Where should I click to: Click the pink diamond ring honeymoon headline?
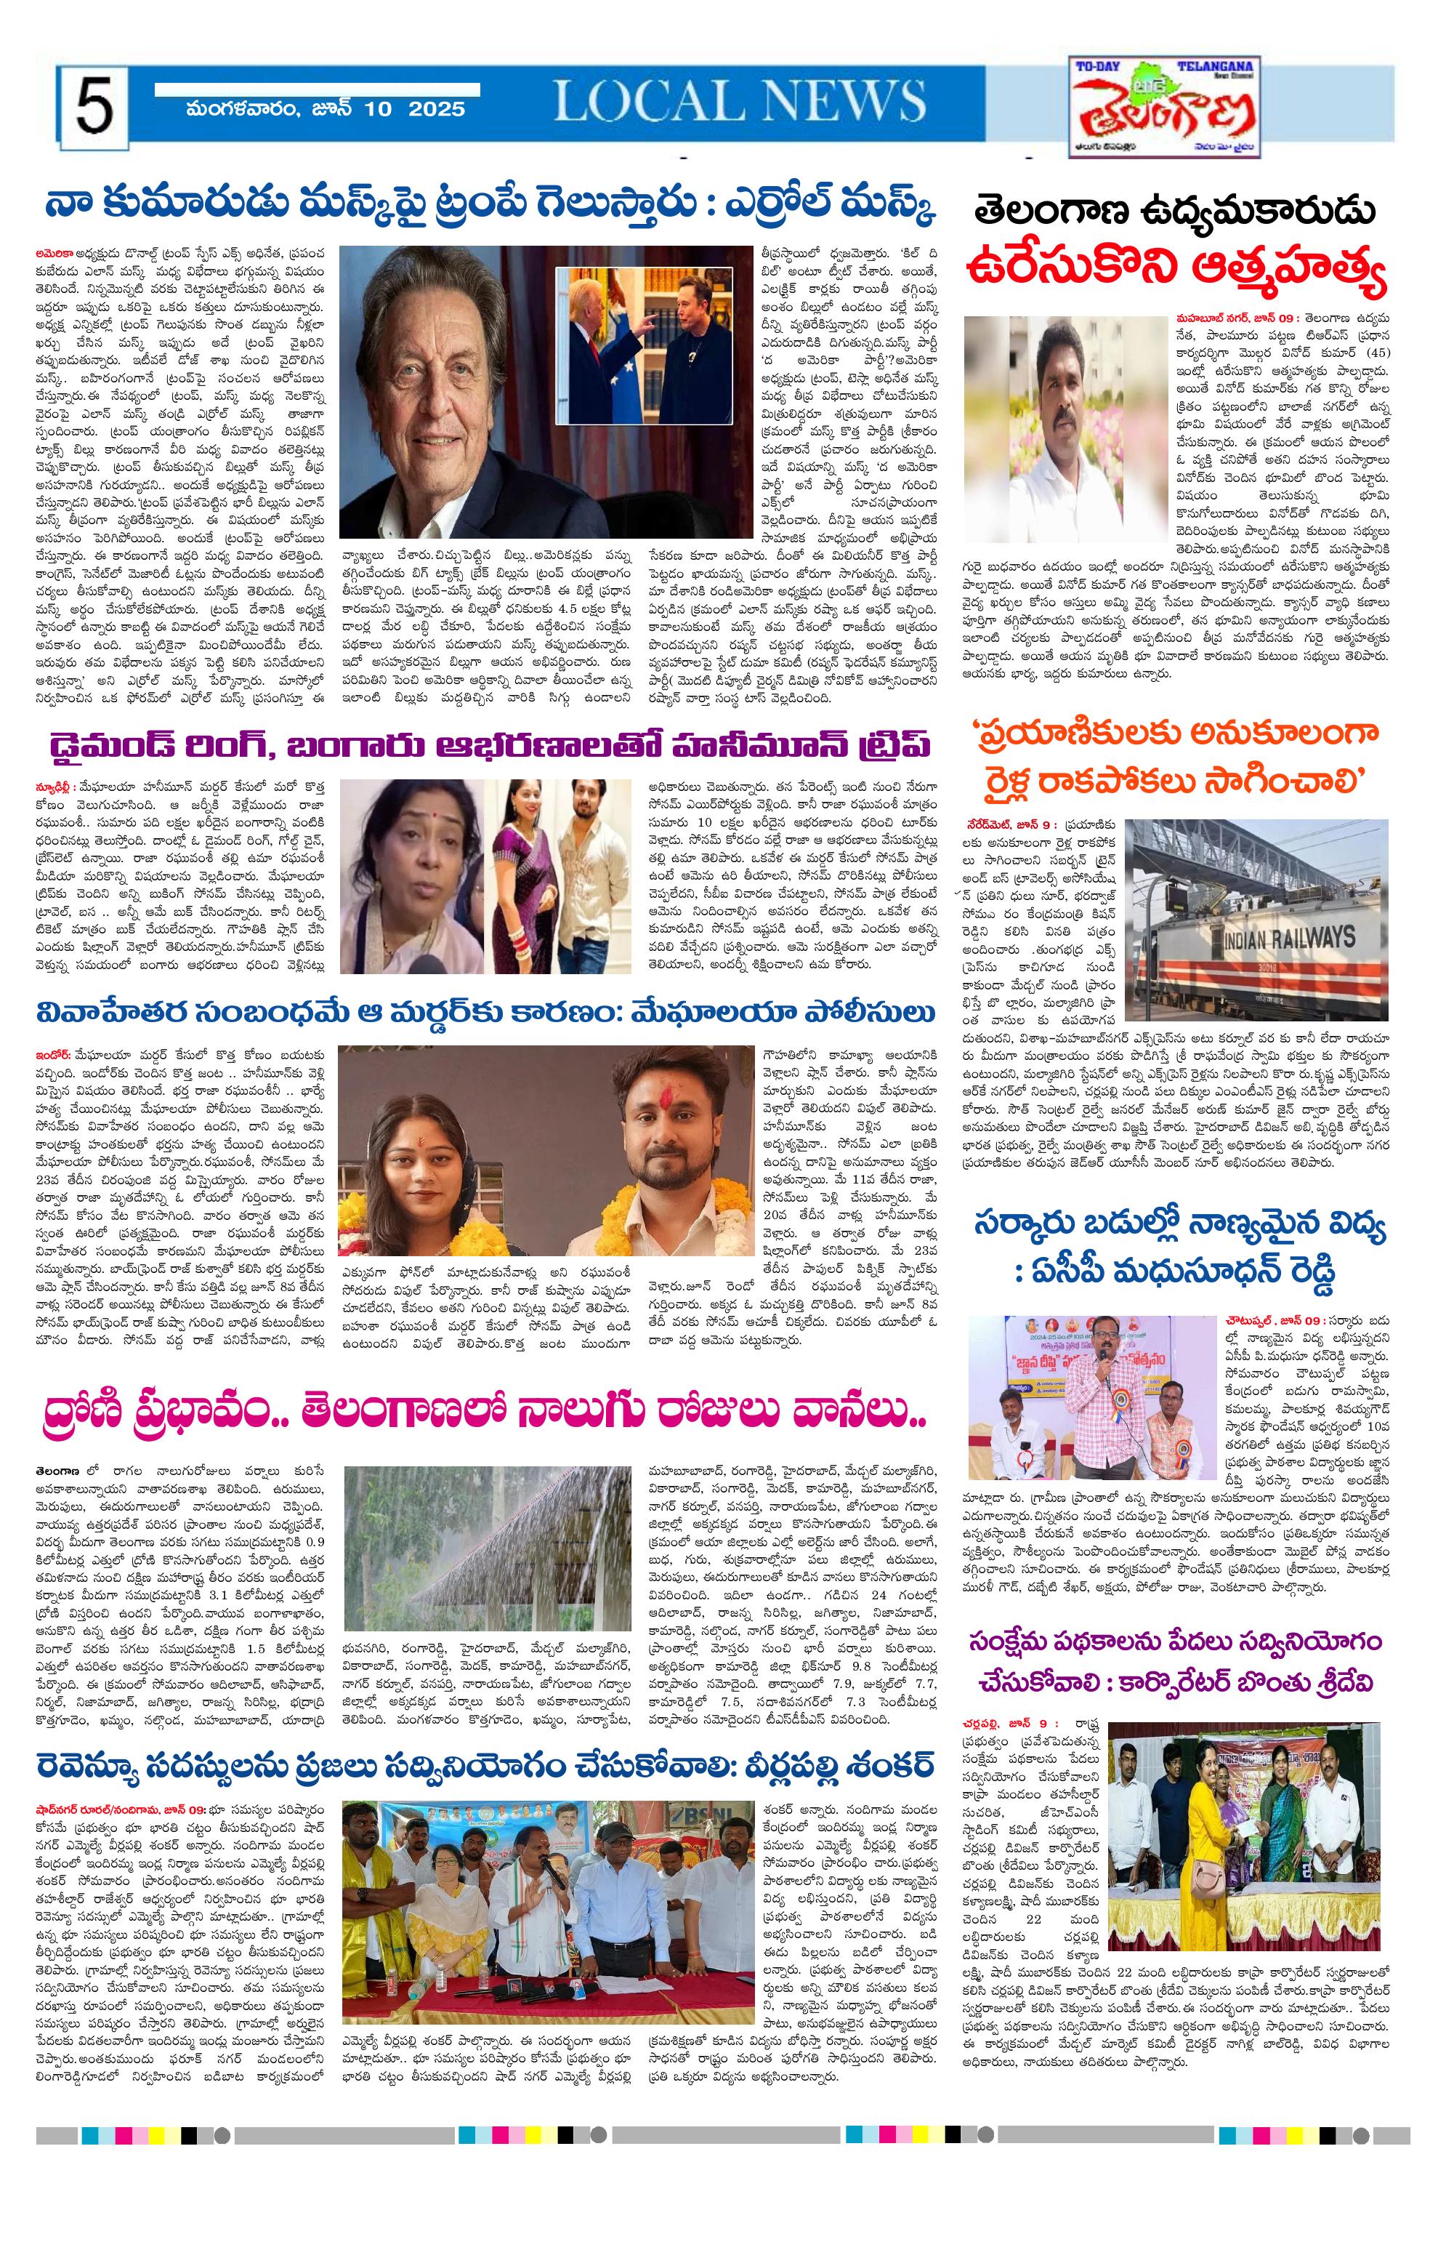tap(490, 747)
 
